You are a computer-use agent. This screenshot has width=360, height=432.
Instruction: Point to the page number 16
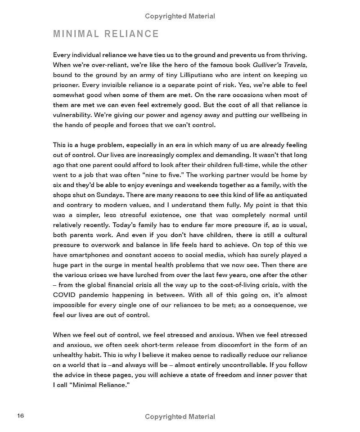click(20, 415)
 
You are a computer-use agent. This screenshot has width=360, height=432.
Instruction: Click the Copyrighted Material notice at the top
click(180, 16)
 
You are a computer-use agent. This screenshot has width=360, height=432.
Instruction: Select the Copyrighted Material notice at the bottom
click(180, 417)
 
